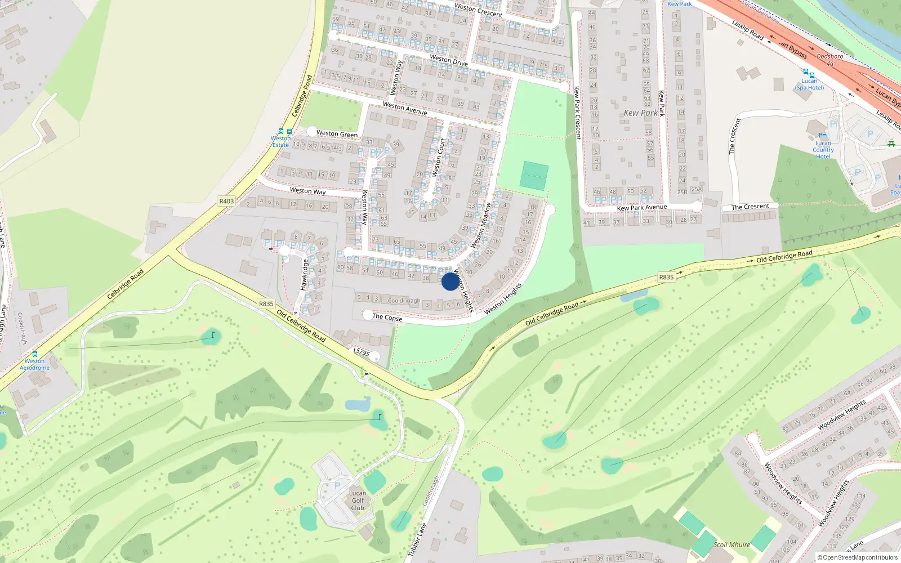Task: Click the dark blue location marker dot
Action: [450, 281]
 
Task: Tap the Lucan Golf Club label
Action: [358, 501]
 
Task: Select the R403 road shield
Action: [226, 201]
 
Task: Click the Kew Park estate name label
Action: [640, 113]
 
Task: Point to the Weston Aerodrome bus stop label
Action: [34, 364]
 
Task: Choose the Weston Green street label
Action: [337, 133]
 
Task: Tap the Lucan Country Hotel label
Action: [823, 150]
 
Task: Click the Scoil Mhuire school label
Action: [731, 544]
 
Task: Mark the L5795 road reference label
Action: [362, 352]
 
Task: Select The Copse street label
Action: [387, 317]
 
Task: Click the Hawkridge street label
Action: [304, 275]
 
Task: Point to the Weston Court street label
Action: [438, 158]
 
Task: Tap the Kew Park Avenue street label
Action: [641, 208]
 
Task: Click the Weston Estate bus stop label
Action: [280, 141]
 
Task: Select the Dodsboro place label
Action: [829, 56]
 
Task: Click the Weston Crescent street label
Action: [478, 10]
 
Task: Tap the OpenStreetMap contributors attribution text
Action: [857, 558]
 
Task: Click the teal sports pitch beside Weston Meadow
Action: [534, 175]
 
